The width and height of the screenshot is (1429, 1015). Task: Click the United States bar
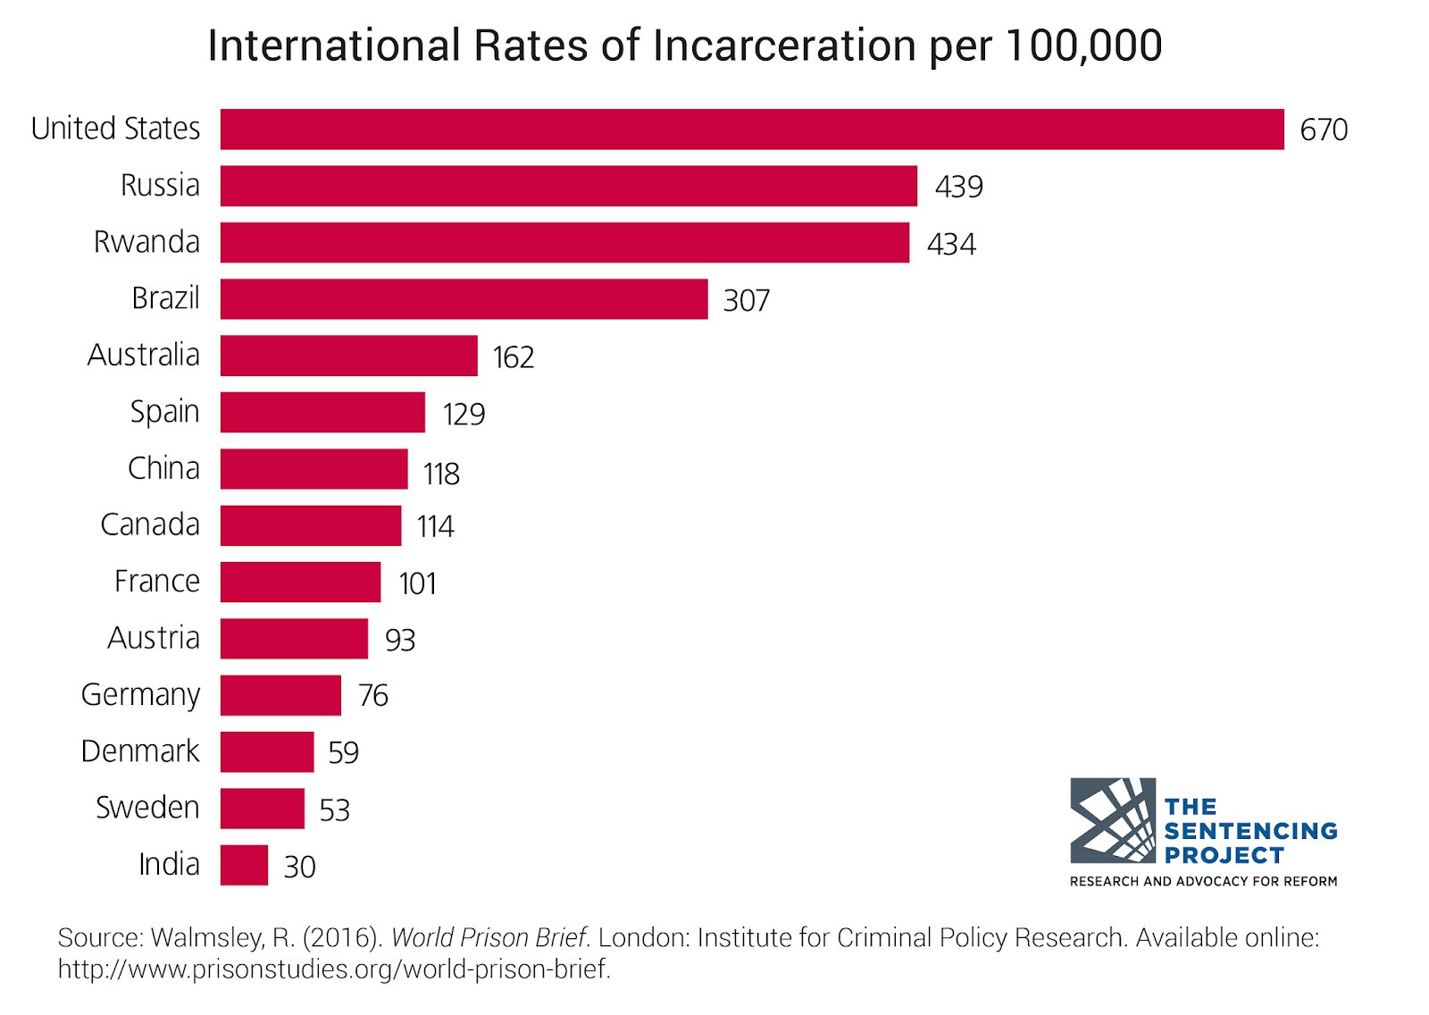(x=752, y=130)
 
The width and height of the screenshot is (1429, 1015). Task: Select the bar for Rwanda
(x=564, y=242)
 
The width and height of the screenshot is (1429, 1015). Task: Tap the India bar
(x=245, y=865)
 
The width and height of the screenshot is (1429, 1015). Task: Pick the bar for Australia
(x=349, y=356)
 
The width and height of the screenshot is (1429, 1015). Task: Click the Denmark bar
(x=267, y=752)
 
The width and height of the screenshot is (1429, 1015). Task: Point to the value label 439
(x=959, y=187)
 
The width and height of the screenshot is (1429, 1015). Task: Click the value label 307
(x=747, y=300)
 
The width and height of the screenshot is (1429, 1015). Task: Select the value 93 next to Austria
(x=400, y=640)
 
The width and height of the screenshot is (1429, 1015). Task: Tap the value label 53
(x=334, y=810)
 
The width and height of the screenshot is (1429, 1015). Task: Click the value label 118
(x=441, y=474)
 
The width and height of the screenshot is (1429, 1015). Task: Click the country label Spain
(x=164, y=412)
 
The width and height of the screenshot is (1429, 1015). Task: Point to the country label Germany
(x=140, y=695)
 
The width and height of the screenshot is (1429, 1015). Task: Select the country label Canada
(x=150, y=524)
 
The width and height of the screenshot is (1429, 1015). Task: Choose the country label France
(x=157, y=582)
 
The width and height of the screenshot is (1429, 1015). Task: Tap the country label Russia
(x=160, y=185)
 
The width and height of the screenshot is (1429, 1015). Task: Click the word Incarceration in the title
(x=784, y=46)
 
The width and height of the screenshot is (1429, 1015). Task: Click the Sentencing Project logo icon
(x=1113, y=820)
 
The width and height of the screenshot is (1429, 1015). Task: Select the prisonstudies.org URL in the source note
(x=334, y=969)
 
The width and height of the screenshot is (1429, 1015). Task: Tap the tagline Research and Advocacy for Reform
(x=1203, y=882)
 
